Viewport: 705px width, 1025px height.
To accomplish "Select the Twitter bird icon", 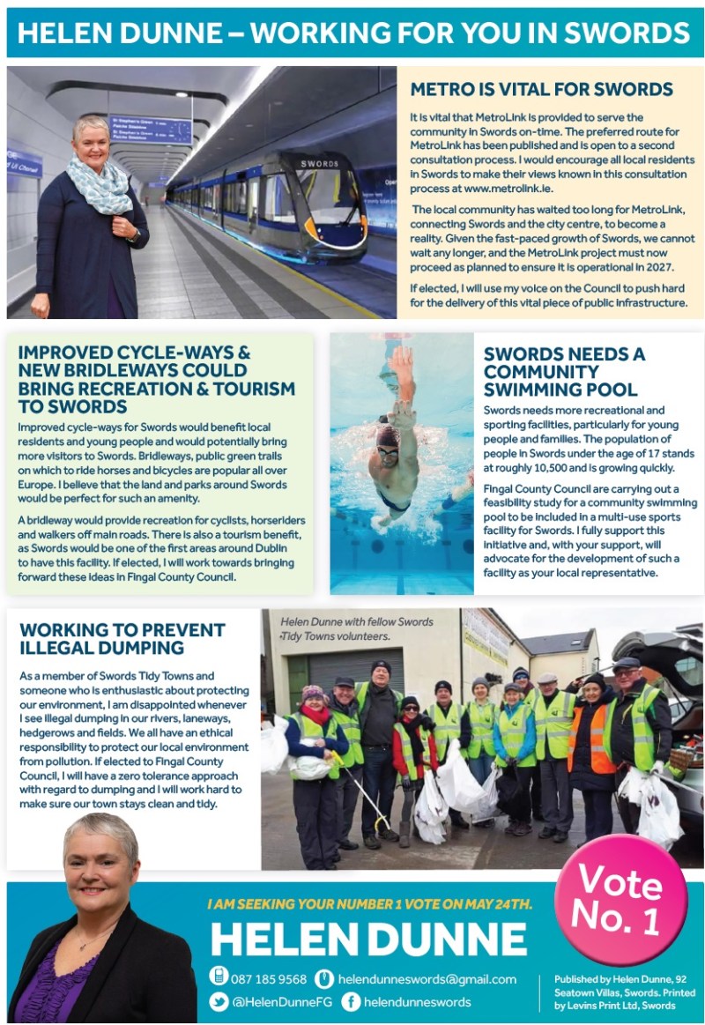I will point(219,1001).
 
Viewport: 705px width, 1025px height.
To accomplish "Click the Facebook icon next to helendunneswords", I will point(351,1001).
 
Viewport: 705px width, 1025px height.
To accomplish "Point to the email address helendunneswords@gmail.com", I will point(427,979).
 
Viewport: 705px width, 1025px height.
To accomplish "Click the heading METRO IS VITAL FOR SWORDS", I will point(542,89).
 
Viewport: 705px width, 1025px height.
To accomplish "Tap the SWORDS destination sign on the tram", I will point(318,164).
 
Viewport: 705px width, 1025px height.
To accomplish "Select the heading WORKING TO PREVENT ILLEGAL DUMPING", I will point(122,638).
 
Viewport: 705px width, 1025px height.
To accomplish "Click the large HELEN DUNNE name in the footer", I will point(368,940).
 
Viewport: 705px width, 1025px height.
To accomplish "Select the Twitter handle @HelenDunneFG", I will point(282,1001).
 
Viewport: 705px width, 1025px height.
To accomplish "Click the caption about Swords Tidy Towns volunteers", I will point(356,628).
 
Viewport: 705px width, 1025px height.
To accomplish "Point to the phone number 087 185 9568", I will point(269,979).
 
